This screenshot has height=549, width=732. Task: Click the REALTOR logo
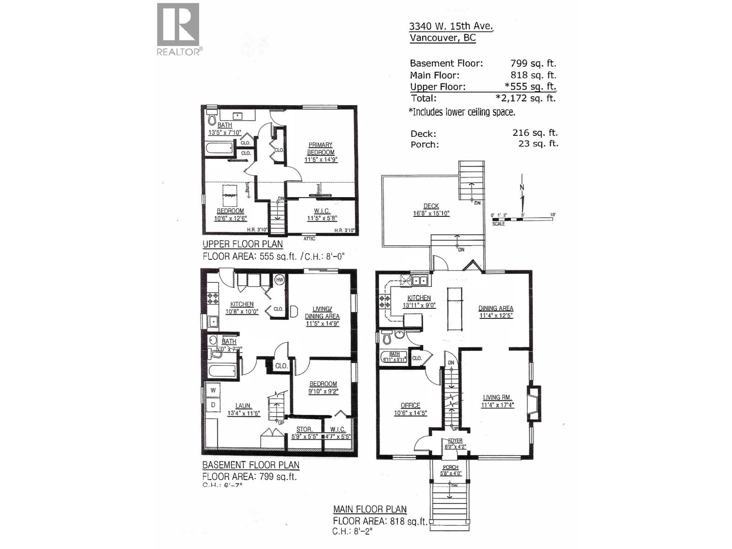pos(178,29)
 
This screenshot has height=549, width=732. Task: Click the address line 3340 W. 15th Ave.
pos(451,26)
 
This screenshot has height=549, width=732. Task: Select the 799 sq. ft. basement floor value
pos(533,64)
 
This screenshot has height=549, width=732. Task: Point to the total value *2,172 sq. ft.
pos(526,98)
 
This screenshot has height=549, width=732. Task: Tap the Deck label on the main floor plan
pos(431,206)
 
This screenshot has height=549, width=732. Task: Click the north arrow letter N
pos(522,188)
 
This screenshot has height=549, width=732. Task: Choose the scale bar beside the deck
pos(522,220)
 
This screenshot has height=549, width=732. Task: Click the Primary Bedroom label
pos(320,149)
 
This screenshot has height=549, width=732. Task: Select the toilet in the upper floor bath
pos(211,118)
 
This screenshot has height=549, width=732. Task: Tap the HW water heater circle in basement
pos(280,280)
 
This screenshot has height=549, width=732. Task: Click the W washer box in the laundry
pos(213,390)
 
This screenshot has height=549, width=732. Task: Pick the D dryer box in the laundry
pos(213,405)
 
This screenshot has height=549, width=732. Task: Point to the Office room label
pos(410,405)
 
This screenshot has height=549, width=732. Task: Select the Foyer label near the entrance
pos(455,441)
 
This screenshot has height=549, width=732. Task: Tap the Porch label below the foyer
pos(451,468)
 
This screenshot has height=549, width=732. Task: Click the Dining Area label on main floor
pos(496,308)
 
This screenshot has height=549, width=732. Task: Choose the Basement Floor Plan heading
pos(251,465)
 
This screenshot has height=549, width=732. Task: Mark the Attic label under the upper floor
pos(309,239)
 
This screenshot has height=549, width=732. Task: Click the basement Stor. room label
pos(304,429)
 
